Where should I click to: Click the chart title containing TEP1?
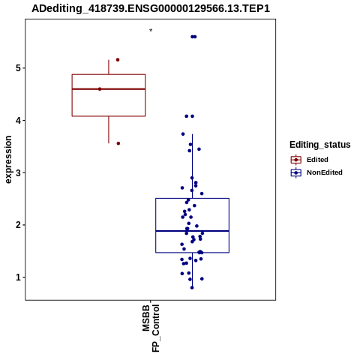pos(151,8)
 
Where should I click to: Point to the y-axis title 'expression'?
pos(8,160)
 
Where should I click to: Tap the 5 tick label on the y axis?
pos(19,68)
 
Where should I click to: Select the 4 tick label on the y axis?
pos(19,121)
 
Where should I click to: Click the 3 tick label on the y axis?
pos(19,172)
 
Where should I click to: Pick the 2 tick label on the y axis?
pos(19,225)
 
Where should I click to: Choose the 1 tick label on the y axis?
pos(19,277)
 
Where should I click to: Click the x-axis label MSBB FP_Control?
pos(151,328)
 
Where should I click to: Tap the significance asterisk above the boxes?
pos(151,31)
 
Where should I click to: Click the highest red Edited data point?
pos(118,60)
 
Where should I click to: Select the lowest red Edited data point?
pos(118,143)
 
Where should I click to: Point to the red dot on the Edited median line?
pos(100,89)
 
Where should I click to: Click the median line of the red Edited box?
pos(109,89)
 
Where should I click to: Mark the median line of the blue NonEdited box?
pos(193,231)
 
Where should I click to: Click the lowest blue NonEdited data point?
pos(192,287)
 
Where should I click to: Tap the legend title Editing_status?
pos(320,145)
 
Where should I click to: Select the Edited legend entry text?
pos(317,160)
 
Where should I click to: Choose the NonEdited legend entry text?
pos(325,172)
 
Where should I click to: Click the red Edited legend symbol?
pos(296,160)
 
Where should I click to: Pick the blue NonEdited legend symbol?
pos(296,172)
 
